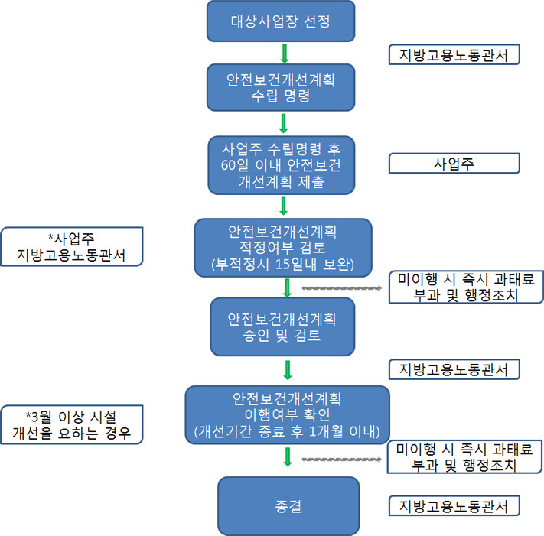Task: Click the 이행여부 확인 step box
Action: tap(288, 415)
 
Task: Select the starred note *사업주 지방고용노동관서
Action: tap(73, 246)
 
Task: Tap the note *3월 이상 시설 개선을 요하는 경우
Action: tap(73, 424)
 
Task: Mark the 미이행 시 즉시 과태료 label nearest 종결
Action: tap(466, 457)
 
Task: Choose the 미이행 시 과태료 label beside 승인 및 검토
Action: tap(466, 287)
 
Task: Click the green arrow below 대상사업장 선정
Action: tap(284, 53)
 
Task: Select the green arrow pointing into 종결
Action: tap(288, 457)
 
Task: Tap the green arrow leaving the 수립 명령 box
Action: tap(284, 122)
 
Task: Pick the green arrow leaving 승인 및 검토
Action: tap(288, 369)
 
